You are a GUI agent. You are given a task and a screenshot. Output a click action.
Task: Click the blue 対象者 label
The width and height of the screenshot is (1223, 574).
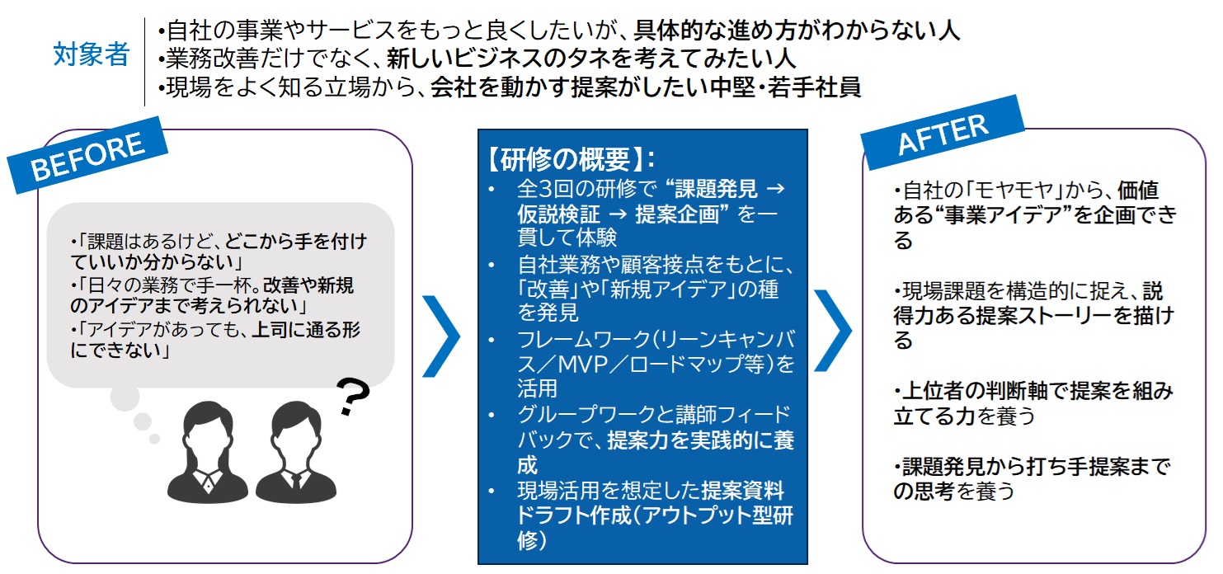(x=92, y=55)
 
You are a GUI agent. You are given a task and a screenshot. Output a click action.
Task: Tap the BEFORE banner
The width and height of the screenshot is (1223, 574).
(x=87, y=160)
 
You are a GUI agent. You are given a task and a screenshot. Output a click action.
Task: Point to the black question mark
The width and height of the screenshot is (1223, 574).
(x=352, y=397)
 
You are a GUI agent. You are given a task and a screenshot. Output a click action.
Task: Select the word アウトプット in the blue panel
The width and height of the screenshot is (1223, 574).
(x=683, y=515)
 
